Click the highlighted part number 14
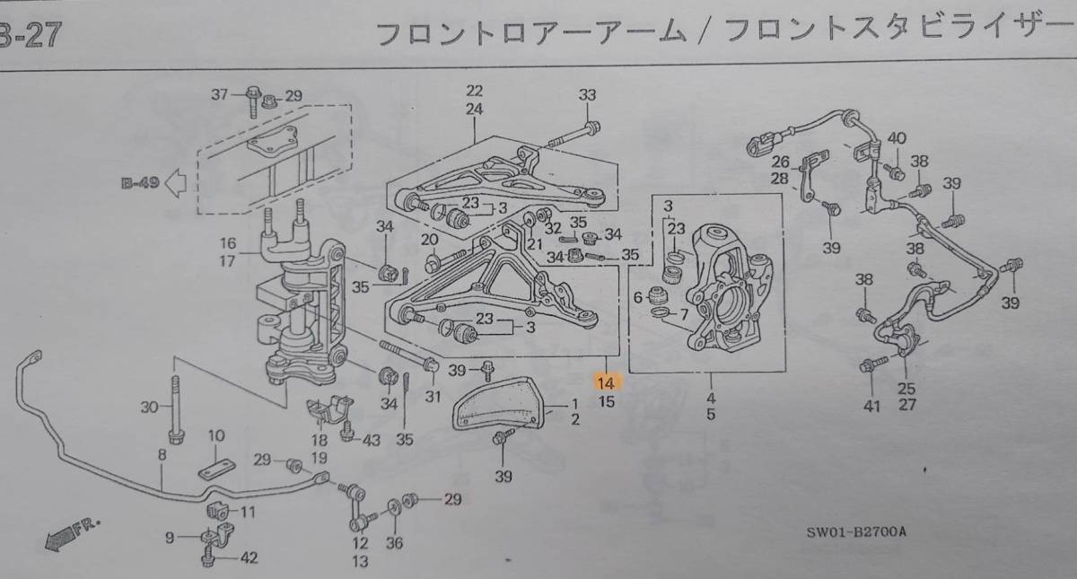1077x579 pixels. click(607, 382)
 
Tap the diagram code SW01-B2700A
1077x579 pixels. click(855, 532)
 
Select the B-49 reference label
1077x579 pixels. click(140, 183)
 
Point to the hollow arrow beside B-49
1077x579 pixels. click(176, 183)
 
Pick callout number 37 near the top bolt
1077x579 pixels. click(220, 94)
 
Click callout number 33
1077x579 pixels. click(587, 94)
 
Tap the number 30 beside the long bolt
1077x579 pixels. click(149, 407)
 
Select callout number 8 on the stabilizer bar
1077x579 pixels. click(162, 455)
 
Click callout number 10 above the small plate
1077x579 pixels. click(215, 435)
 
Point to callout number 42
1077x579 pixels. click(249, 558)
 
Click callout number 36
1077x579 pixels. click(395, 542)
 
